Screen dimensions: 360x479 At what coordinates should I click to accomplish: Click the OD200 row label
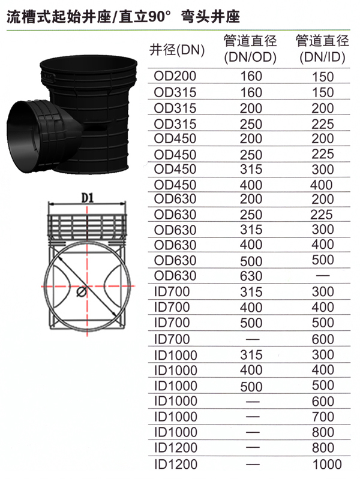pyautogui.click(x=175, y=76)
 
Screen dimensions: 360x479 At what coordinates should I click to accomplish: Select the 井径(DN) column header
pyautogui.click(x=177, y=50)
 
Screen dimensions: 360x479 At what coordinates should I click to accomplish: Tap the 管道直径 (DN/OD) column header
pyautogui.click(x=250, y=49)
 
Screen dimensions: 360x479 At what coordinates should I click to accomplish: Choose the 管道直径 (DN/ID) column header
pyautogui.click(x=322, y=49)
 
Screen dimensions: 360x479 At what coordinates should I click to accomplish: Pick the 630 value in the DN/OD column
pyautogui.click(x=251, y=276)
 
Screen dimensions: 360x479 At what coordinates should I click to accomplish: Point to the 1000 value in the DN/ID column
pyautogui.click(x=327, y=465)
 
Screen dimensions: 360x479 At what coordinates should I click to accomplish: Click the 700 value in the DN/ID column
pyautogui.click(x=323, y=417)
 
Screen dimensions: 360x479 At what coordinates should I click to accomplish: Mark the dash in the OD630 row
pyautogui.click(x=323, y=276)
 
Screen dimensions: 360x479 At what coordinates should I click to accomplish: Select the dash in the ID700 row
pyautogui.click(x=253, y=339)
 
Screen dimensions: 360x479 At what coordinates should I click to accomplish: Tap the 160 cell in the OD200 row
pyautogui.click(x=251, y=76)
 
